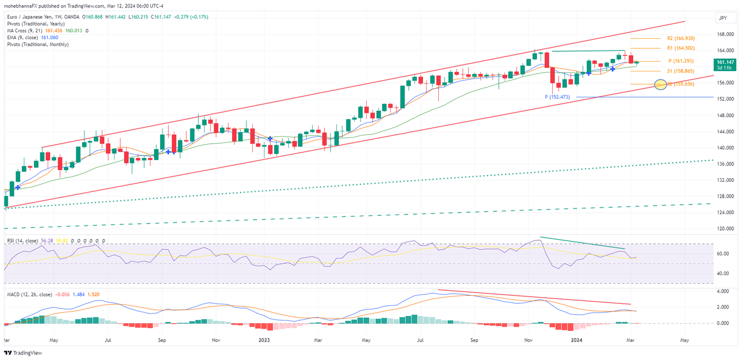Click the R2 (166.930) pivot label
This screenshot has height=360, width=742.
681,39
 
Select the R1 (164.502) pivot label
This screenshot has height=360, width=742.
681,49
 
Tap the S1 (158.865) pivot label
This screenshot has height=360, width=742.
681,71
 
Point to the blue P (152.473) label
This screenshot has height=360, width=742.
558,97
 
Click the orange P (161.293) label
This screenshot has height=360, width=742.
681,61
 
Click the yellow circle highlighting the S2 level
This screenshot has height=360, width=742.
660,84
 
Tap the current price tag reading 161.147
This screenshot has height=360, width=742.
723,64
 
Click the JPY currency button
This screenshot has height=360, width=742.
722,18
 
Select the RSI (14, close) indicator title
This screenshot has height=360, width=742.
22,241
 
